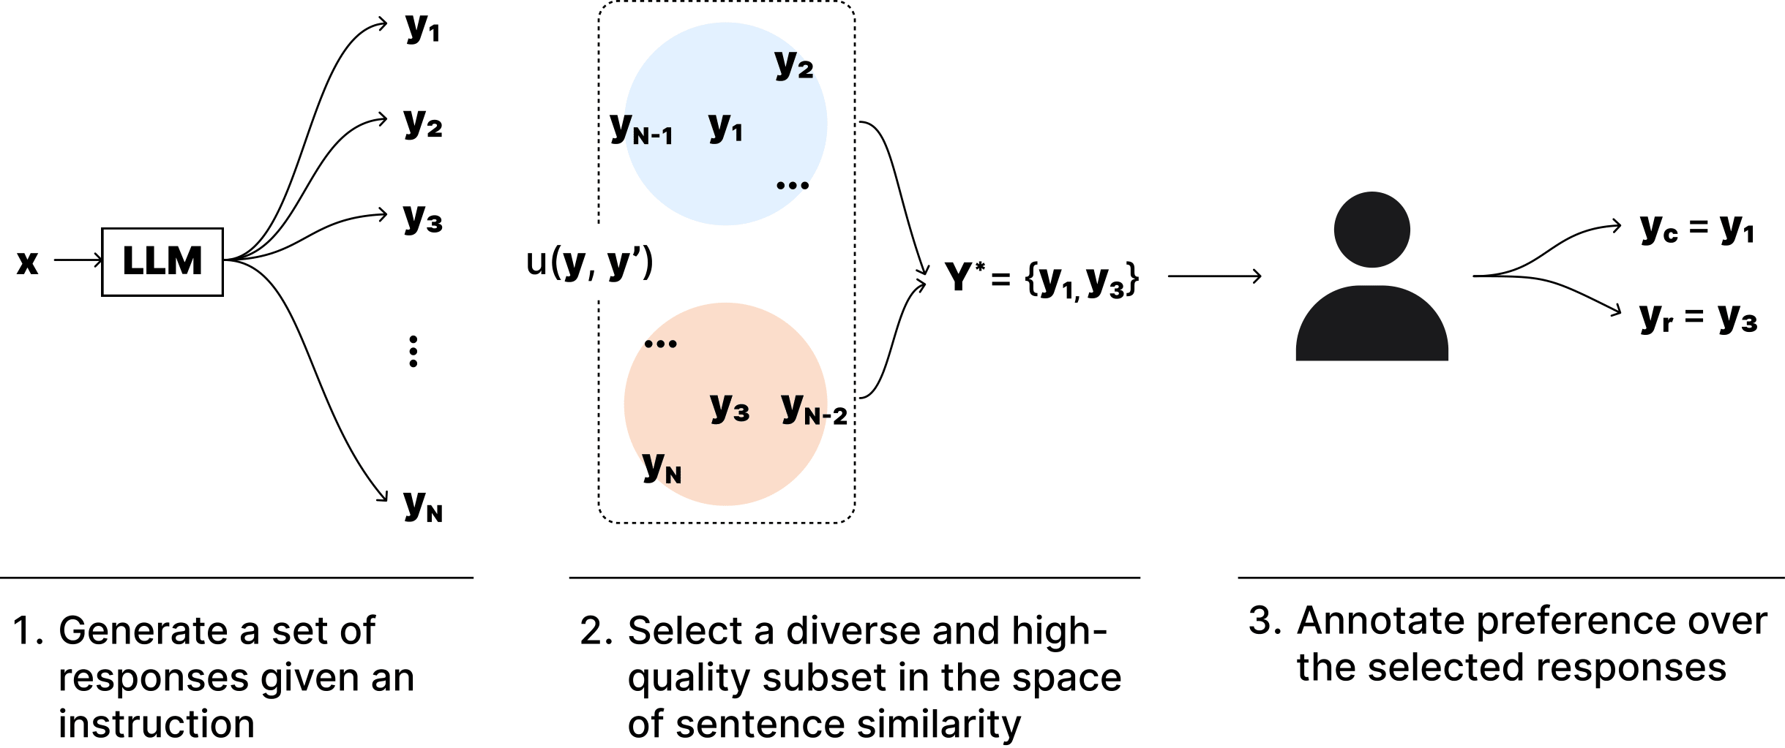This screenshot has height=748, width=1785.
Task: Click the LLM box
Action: [162, 262]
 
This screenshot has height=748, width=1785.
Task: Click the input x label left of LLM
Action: [27, 262]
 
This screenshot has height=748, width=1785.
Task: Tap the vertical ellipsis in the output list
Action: [413, 351]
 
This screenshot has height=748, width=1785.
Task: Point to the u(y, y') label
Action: [589, 262]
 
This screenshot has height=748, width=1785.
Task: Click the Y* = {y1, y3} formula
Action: [1041, 279]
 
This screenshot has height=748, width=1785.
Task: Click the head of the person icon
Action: [1372, 230]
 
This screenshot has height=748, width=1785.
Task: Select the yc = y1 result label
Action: [1696, 230]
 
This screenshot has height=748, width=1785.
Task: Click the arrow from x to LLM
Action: [78, 260]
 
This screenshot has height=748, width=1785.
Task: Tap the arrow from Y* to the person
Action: [1214, 276]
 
